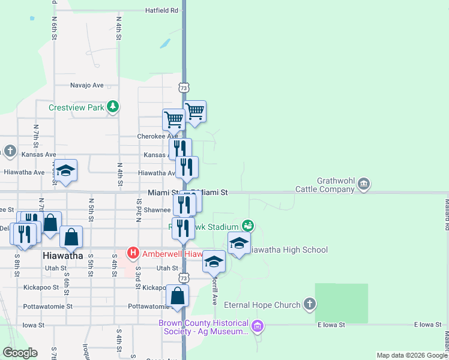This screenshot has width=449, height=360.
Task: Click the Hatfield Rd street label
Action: [162, 10]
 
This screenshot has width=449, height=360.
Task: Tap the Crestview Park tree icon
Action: [112, 107]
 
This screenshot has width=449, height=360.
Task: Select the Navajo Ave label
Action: [87, 85]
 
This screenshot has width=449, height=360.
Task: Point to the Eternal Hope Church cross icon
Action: [309, 304]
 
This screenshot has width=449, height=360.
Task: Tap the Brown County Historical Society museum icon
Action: [258, 327]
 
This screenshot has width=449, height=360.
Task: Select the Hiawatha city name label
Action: [63, 256]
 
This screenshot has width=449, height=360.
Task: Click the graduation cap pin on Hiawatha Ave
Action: [66, 171]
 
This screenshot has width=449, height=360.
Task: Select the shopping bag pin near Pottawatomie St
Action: [178, 295]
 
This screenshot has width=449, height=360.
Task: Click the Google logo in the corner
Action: [20, 353]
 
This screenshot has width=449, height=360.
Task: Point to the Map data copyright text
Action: [412, 355]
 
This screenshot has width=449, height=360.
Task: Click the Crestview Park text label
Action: [76, 108]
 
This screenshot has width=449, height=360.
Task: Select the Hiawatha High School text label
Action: [288, 250]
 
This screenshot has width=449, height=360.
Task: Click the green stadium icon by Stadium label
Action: [248, 226]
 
